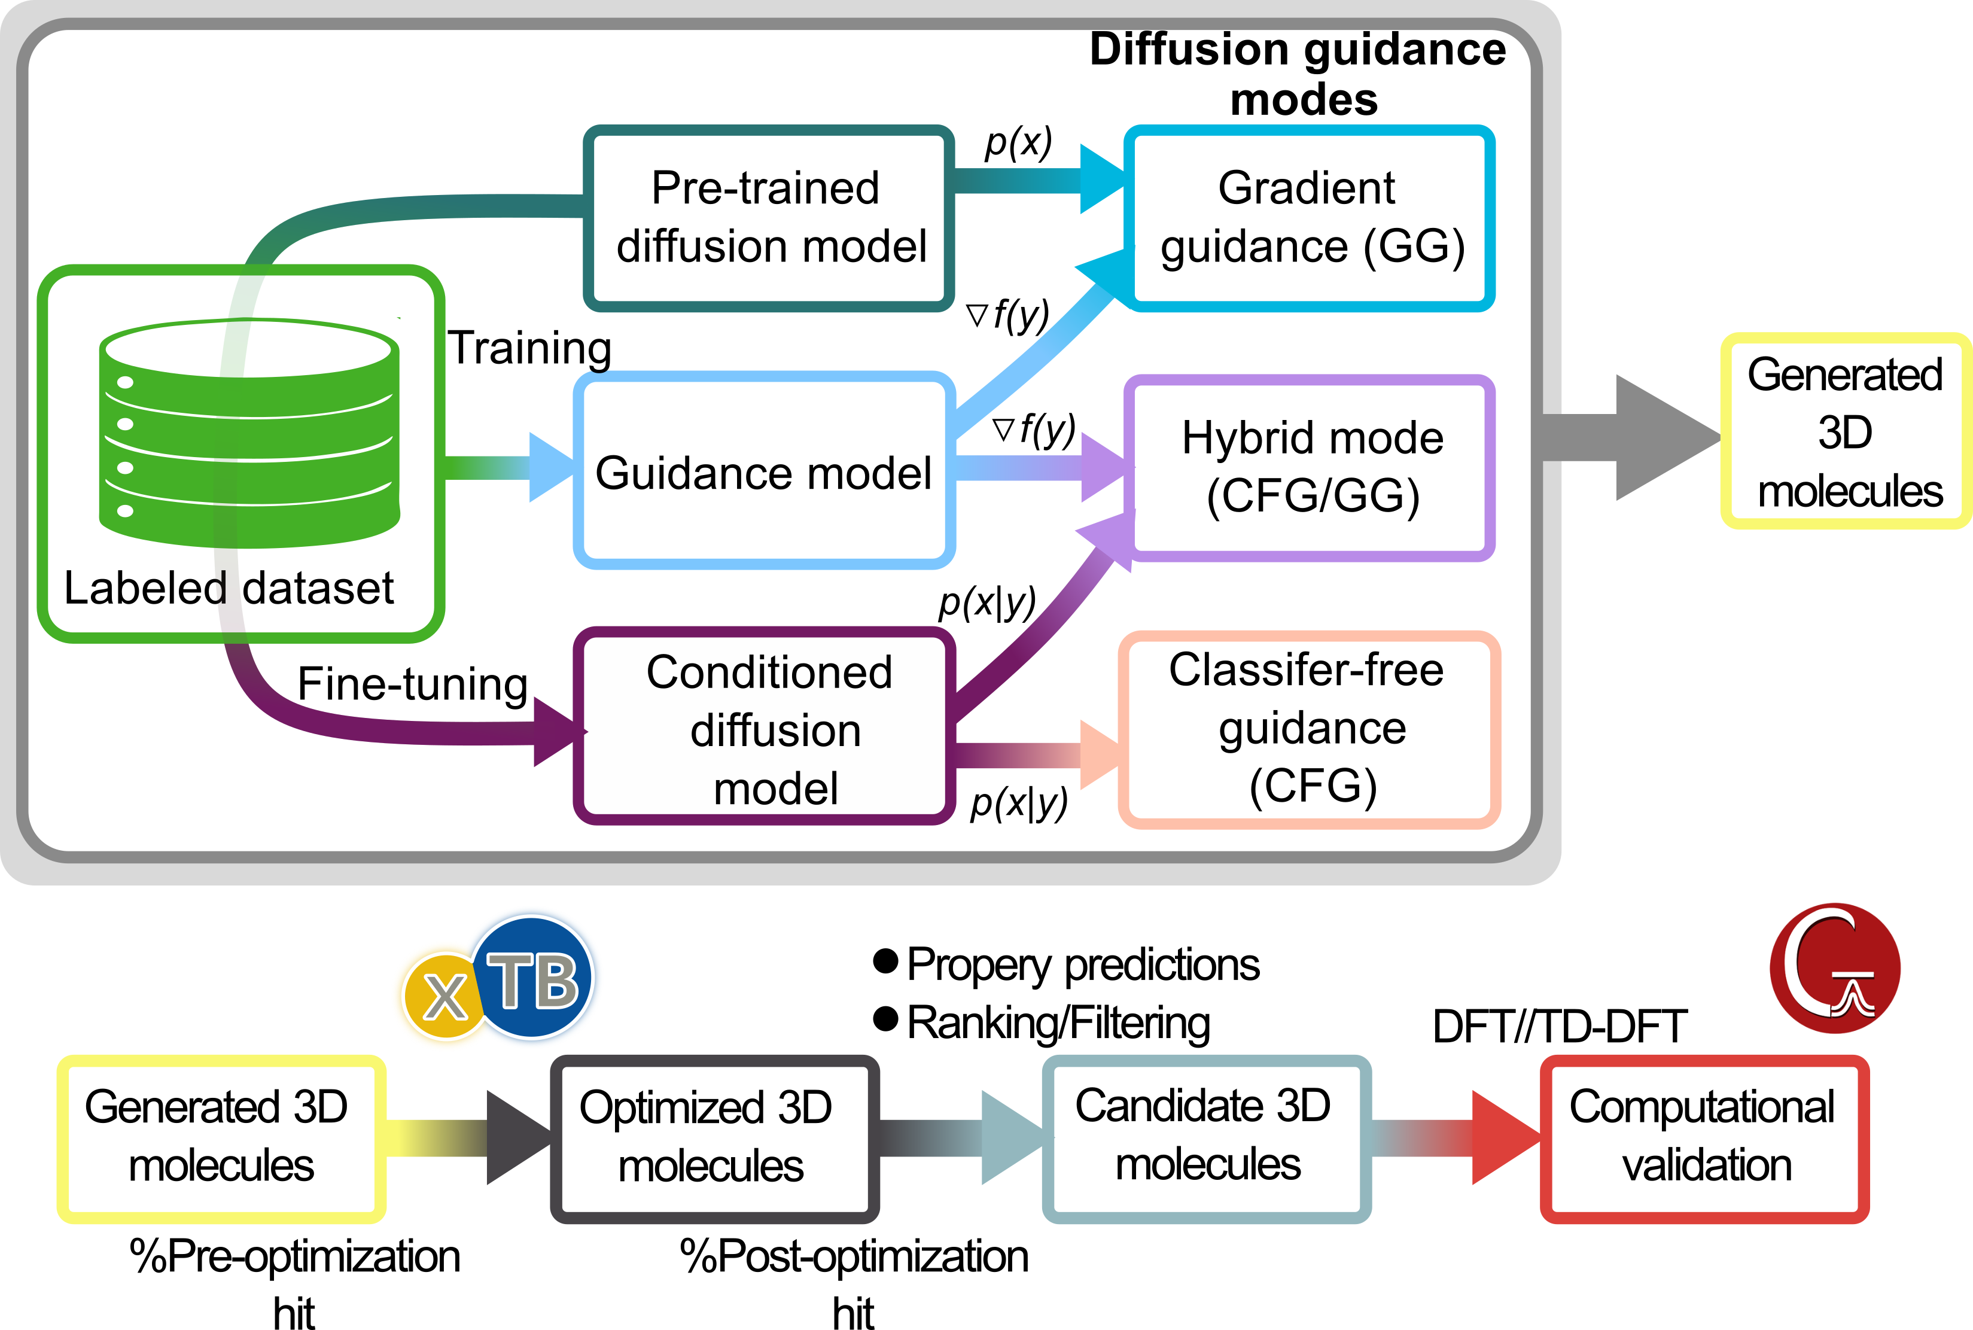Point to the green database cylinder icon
249,433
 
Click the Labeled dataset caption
229,588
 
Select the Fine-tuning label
413,684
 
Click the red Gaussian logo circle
1835,968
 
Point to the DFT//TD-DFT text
1560,1026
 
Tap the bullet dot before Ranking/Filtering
885,1019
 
